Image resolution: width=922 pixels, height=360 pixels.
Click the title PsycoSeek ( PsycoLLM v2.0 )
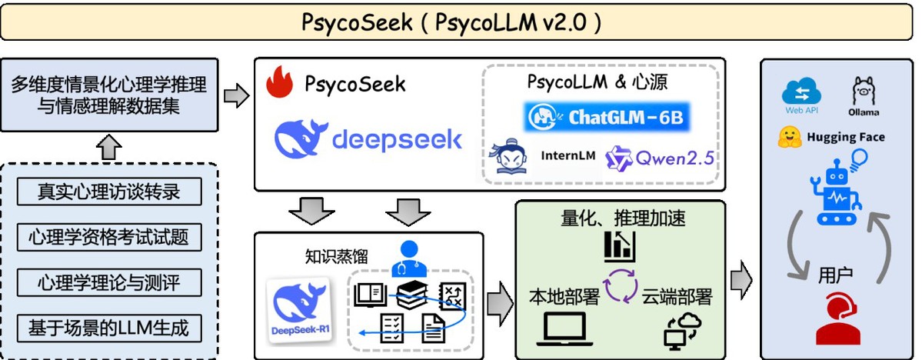coord(452,22)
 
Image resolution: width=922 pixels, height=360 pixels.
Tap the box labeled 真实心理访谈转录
coord(109,191)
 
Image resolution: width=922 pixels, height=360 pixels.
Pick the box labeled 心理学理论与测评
coord(109,282)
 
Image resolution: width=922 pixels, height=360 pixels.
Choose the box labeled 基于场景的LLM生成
coord(109,328)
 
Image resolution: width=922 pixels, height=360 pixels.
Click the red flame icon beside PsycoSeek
coord(280,83)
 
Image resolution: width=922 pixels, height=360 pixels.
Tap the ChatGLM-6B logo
coord(607,117)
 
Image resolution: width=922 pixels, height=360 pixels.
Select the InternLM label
coord(568,155)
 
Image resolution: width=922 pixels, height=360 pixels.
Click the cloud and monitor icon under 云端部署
coord(681,328)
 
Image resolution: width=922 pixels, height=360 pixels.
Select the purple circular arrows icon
coord(620,286)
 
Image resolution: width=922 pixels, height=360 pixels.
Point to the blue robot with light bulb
coord(839,188)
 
